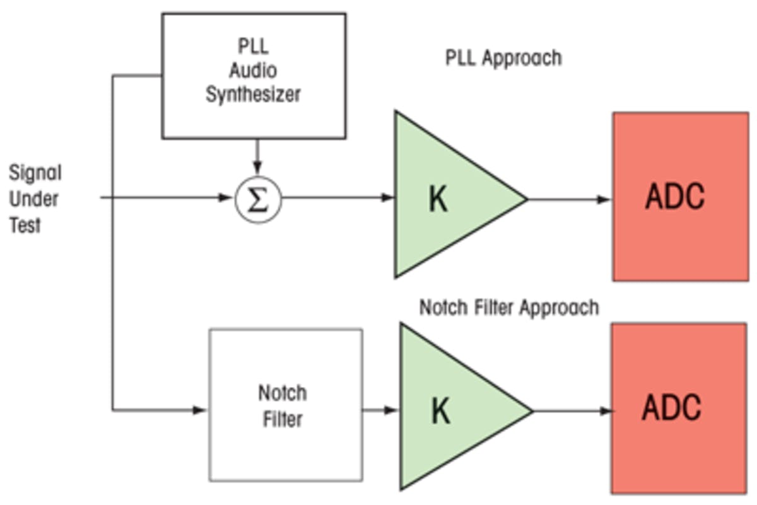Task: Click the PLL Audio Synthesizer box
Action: pos(254,76)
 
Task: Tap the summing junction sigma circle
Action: pos(258,200)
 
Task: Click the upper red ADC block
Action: pos(680,197)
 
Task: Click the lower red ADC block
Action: pos(678,408)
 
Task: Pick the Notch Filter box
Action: pos(285,405)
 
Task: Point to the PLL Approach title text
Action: pos(503,58)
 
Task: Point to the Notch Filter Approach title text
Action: pos(508,308)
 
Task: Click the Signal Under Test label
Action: pos(35,199)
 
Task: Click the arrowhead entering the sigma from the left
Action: pos(226,198)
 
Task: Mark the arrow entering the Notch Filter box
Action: pos(199,410)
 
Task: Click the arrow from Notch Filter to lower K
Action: pos(380,410)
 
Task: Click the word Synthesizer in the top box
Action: pos(253,95)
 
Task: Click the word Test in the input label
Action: pos(25,225)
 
